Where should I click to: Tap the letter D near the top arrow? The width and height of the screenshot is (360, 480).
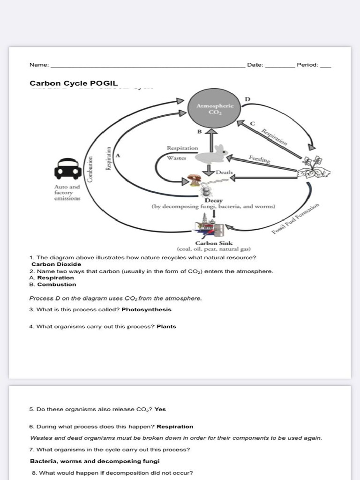pyautogui.click(x=247, y=99)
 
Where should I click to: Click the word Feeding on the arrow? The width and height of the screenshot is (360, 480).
pyautogui.click(x=259, y=159)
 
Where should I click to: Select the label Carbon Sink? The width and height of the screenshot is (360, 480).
pyautogui.click(x=214, y=243)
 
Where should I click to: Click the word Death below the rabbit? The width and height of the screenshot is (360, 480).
pyautogui.click(x=224, y=172)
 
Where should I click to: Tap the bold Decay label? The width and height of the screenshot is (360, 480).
pyautogui.click(x=213, y=201)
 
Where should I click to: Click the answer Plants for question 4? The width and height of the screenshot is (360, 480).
pyautogui.click(x=166, y=326)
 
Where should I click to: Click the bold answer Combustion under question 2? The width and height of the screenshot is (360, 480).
pyautogui.click(x=57, y=284)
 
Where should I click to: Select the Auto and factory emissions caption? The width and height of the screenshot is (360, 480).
pyautogui.click(x=67, y=192)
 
